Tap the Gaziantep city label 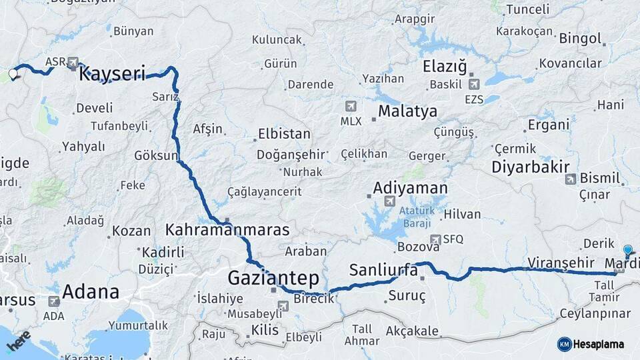click(273, 277)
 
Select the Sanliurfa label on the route click(383, 271)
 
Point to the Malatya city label click(408, 111)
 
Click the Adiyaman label click(410, 187)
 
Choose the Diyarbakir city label click(531, 167)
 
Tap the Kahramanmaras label click(227, 230)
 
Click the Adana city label click(91, 291)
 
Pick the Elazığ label click(445, 67)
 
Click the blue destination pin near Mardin click(627, 250)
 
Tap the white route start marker click(13, 73)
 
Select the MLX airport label click(351, 121)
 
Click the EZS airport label click(474, 99)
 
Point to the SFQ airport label click(453, 239)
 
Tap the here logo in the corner click(19, 340)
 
